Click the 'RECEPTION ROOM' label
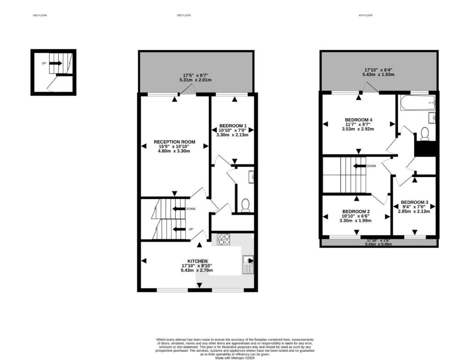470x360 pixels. coord(174,142)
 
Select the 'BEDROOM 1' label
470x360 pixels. coord(233,126)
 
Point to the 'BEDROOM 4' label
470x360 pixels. coord(358,120)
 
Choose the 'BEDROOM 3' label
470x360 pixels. coord(414,202)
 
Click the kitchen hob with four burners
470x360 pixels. coord(224,239)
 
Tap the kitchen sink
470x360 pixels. coord(248,266)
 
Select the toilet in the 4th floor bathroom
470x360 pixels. coord(425,133)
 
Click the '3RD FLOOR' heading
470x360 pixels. coord(184,16)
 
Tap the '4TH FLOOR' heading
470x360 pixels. coord(365,16)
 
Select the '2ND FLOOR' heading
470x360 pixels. coord(40,16)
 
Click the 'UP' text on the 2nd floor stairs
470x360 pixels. coord(44,63)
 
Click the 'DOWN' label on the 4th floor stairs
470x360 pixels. coord(372,166)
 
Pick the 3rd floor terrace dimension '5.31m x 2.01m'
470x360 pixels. coord(196,80)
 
